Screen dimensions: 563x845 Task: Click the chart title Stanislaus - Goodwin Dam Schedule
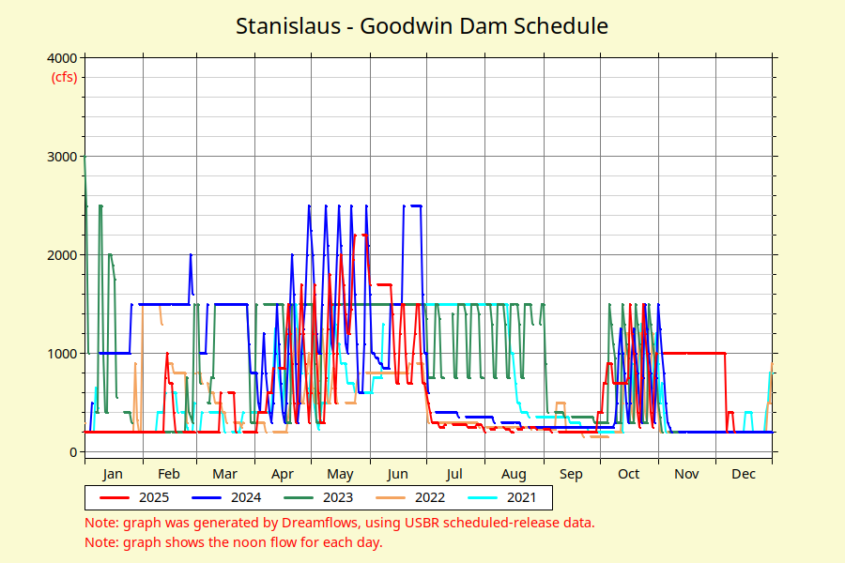[x=422, y=26]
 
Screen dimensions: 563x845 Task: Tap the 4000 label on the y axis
[x=61, y=58]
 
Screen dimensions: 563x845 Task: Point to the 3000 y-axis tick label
[x=61, y=157]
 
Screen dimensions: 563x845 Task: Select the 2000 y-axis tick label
[x=61, y=255]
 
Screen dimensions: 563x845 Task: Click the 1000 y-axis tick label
[x=61, y=354]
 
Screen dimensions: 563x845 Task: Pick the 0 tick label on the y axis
[x=72, y=452]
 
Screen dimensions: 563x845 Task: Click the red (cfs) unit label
[x=64, y=77]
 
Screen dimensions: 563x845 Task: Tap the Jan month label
[x=113, y=474]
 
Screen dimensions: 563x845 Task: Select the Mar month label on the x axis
[x=225, y=474]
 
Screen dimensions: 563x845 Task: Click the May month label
[x=341, y=474]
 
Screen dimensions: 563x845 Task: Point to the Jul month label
[x=455, y=474]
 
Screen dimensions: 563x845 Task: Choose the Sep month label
[x=572, y=474]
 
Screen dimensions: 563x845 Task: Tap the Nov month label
[x=686, y=474]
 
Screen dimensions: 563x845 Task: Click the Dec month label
[x=744, y=474]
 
